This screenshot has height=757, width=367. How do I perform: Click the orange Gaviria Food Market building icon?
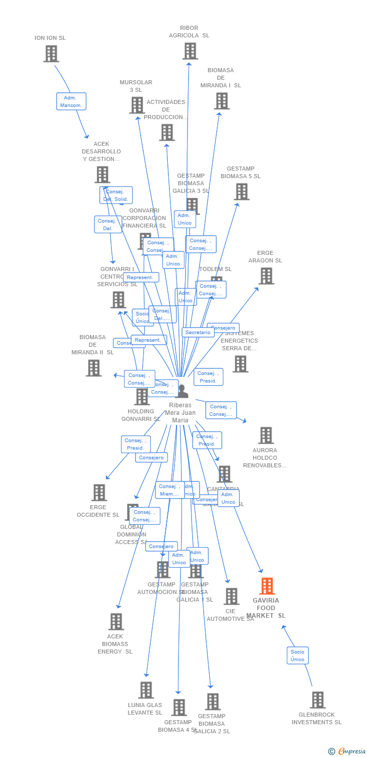coord(267,586)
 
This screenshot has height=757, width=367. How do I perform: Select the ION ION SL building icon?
coord(51,53)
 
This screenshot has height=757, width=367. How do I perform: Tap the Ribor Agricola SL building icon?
coord(190,51)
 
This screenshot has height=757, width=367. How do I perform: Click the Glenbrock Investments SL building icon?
coord(317,700)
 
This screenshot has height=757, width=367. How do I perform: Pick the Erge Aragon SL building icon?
coord(266,276)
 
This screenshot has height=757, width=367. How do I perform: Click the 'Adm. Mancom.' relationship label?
coord(71,101)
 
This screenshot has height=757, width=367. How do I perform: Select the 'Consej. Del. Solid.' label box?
coord(116,195)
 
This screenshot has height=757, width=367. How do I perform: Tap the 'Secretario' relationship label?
coord(198,333)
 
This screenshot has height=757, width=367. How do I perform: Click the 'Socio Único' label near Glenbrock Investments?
coord(297,656)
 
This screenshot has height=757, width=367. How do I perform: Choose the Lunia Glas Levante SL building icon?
coord(146,690)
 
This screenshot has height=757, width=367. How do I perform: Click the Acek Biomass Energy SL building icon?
coord(116,622)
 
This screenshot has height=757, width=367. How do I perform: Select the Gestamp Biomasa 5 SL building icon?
coord(241,192)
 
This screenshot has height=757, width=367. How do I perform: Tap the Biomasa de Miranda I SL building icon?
coord(221,101)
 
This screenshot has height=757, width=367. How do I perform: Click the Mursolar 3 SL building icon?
coord(137,105)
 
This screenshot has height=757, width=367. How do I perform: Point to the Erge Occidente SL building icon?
coord(99,493)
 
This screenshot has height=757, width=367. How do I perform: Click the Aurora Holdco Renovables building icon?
coord(266,436)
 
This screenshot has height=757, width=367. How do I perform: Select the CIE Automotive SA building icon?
coord(231,597)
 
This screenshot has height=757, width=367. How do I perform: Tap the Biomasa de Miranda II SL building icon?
coord(93,368)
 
